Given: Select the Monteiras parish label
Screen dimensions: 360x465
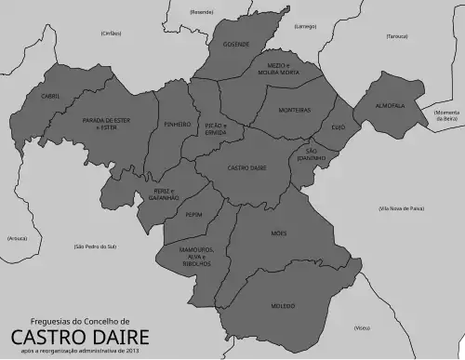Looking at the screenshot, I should pos(295,110).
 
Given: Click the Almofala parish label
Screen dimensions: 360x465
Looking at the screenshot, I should pos(391,105).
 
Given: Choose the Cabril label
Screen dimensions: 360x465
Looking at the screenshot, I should pos(50,96).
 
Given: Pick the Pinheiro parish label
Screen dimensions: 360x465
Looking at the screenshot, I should pos(177,123).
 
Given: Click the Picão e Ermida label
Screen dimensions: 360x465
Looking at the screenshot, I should pos(217,128).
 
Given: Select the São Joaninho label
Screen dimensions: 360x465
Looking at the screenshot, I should pos(312,154).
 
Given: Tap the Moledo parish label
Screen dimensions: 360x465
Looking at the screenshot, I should pos(283,305).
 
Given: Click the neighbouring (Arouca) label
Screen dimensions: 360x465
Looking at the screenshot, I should pos(17,238).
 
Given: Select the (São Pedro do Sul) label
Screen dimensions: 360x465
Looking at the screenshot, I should pos(95,247).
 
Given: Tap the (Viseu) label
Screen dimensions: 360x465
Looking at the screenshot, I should pos(362,327).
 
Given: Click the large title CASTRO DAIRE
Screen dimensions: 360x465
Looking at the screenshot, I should pos(79,334).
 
